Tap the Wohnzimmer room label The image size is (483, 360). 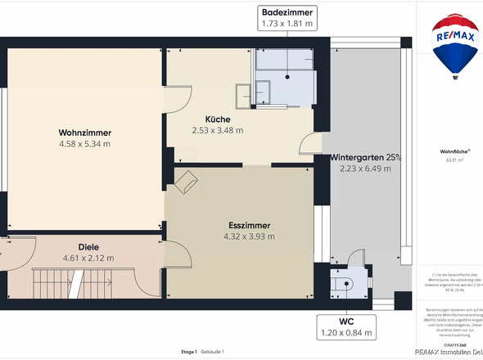[84, 133]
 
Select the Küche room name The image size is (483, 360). [217, 119]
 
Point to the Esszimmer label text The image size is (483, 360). [249, 225]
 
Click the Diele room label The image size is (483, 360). [88, 246]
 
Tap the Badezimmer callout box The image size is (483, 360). [287, 18]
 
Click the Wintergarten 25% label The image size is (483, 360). [366, 157]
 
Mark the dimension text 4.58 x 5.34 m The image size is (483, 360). [84, 144]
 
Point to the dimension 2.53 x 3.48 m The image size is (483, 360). [217, 130]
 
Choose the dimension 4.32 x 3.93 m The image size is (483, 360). [249, 236]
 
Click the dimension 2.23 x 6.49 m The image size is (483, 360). [366, 169]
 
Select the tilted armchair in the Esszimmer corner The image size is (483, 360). [186, 182]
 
